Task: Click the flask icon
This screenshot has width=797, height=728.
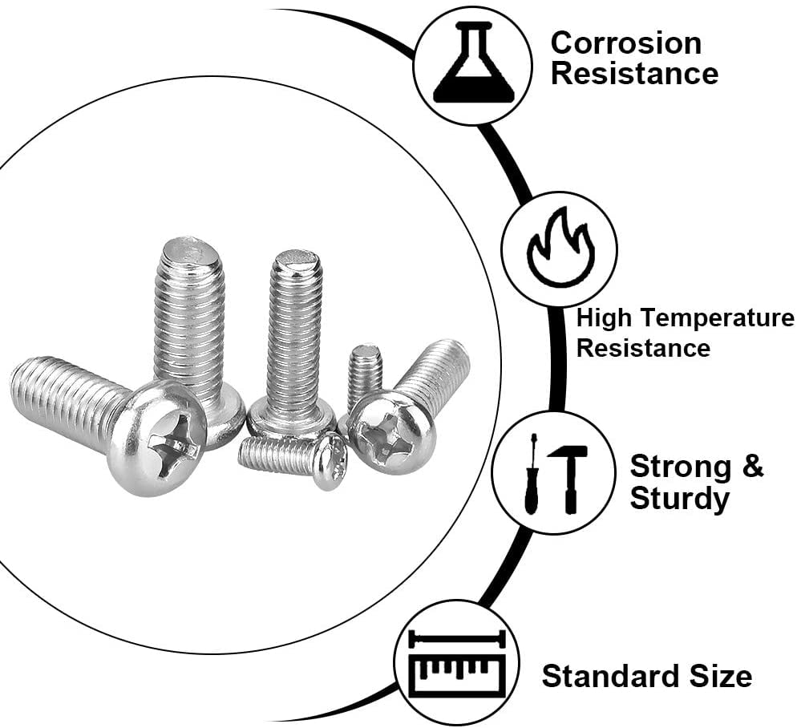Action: point(472,64)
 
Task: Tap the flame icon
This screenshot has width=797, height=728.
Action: point(559,249)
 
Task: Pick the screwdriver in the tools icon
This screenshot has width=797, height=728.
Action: point(531,474)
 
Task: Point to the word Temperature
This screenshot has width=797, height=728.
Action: point(709,318)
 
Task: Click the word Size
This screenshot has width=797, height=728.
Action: point(720,676)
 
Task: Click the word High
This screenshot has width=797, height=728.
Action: point(604,318)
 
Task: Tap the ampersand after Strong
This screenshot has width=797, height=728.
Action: point(752,466)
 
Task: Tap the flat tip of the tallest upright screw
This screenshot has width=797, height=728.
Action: point(182,251)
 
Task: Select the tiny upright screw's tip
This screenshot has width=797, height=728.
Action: point(366,351)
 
